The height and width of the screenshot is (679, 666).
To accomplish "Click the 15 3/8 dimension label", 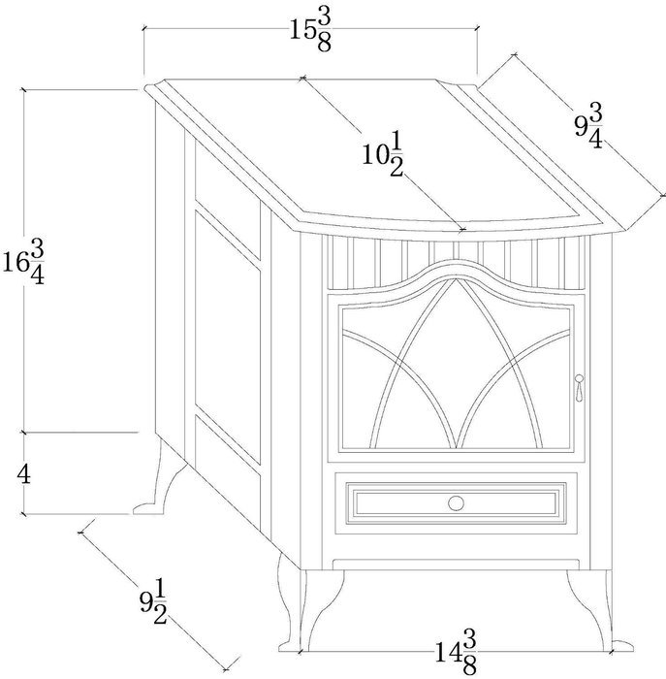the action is click(310, 31).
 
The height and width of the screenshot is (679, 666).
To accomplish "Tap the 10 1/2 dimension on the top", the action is click(383, 154).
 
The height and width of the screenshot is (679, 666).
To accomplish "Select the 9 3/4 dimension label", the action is click(589, 127).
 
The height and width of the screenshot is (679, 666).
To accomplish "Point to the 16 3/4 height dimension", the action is click(24, 263).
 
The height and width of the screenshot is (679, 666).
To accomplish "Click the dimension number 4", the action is click(24, 475).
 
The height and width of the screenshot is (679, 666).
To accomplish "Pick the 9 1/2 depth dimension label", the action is click(153, 602).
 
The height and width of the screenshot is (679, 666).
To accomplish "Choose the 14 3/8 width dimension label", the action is click(456, 652).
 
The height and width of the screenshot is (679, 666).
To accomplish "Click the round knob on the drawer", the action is click(456, 503).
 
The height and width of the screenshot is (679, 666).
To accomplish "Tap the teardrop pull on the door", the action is click(579, 387).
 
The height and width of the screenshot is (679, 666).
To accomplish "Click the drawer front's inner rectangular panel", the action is click(456, 503).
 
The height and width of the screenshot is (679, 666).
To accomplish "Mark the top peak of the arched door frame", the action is click(456, 263).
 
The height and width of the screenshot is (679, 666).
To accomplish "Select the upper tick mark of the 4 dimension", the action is click(24, 432).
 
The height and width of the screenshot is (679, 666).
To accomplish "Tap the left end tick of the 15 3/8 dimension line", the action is click(143, 29).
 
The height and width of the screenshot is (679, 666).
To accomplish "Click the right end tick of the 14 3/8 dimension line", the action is click(611, 651).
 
